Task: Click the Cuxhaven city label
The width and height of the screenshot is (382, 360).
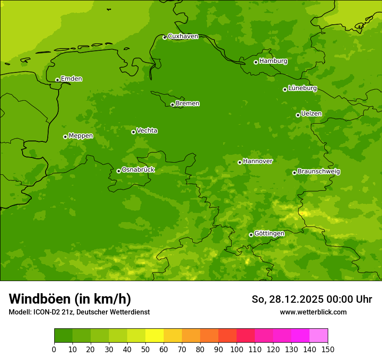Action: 183,36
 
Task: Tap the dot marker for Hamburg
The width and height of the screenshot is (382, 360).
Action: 256,62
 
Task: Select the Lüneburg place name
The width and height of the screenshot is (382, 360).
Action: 302,88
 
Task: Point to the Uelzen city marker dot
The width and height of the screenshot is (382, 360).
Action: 298,115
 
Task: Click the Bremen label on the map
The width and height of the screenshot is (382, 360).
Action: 188,104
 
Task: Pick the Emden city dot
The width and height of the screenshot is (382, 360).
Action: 57,80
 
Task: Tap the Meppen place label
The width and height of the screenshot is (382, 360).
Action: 81,136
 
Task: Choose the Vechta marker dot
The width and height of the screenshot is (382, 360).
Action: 133,132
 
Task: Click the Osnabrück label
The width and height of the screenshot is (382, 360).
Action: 138,170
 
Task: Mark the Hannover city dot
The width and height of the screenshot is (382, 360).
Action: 240,162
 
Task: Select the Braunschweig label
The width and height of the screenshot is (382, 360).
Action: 319,172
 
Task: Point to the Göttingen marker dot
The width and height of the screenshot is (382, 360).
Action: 251,235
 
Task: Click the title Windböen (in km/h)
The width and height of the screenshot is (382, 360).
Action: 70,299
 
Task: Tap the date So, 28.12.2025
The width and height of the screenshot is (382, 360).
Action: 287,299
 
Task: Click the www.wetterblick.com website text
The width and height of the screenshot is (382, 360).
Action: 313,312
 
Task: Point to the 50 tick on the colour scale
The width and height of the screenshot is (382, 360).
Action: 145,349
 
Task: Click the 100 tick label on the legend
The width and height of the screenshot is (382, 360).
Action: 237,349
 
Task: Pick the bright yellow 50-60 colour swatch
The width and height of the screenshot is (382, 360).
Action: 155,336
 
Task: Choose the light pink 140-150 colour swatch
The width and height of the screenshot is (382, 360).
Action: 319,336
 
